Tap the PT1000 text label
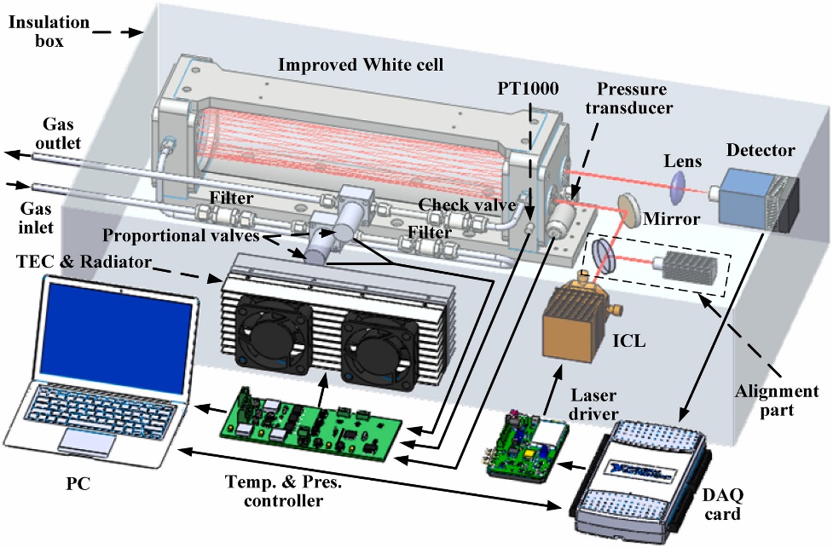[x=529, y=87]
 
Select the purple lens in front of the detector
[x=679, y=183]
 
